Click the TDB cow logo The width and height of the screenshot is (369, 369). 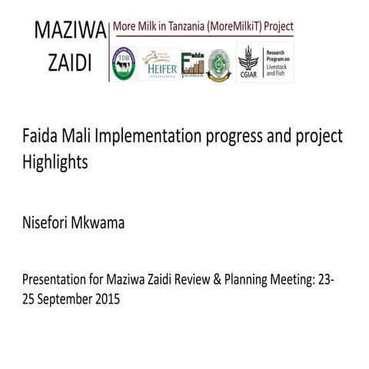tap(125, 65)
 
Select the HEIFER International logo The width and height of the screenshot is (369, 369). tap(159, 65)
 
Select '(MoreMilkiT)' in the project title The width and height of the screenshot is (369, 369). tap(228, 27)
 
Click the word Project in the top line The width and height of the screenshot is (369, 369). tap(277, 27)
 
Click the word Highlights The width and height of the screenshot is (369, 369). tap(56, 163)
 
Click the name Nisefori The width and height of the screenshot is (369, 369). tap(48, 224)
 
